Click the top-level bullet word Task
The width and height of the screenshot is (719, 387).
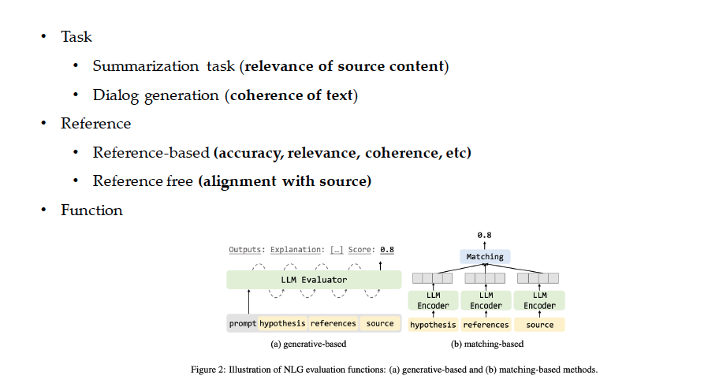click(76, 37)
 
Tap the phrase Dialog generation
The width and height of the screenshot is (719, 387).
click(155, 95)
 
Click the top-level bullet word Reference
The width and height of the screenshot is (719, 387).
click(95, 124)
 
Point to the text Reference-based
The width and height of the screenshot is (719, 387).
click(151, 152)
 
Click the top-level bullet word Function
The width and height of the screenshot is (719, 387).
click(91, 210)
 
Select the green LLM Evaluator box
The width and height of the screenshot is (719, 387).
click(314, 280)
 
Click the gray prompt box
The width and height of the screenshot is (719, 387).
click(242, 323)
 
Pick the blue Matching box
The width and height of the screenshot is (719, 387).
click(485, 256)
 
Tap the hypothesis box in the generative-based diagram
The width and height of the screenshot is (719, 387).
click(281, 323)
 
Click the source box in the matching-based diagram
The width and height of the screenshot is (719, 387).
click(539, 324)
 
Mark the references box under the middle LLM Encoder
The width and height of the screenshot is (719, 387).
click(486, 324)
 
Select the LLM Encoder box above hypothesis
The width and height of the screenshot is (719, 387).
click(433, 300)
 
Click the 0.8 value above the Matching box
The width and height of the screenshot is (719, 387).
click(485, 235)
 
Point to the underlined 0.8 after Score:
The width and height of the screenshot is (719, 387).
click(386, 250)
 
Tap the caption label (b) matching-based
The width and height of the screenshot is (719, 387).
click(486, 344)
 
